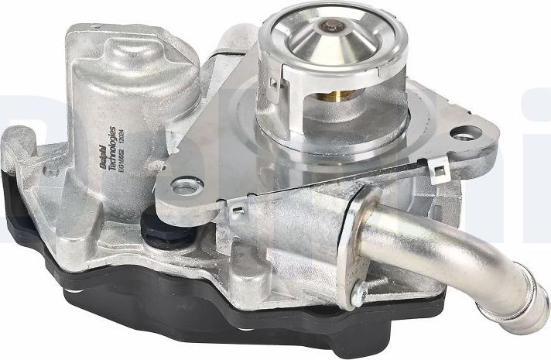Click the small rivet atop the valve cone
coord(334,29)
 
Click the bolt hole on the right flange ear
coord(463,135)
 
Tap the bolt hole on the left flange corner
coord(187,186)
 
